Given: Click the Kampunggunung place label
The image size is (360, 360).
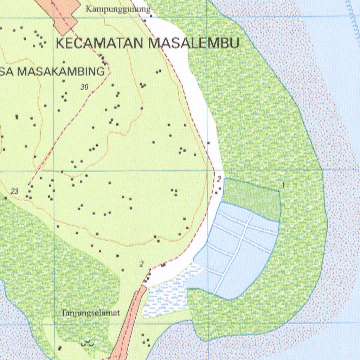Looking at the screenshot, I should click(118, 9).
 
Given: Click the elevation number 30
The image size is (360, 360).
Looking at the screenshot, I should click(84, 88).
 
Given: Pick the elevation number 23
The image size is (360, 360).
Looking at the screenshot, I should click(14, 191).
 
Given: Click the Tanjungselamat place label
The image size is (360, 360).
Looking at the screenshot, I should click(91, 313).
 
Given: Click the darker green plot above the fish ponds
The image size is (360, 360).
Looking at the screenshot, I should click(251, 199).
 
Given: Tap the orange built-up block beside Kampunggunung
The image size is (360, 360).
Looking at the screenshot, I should click(65, 14).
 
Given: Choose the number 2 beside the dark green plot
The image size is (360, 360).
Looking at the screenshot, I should click(219, 180).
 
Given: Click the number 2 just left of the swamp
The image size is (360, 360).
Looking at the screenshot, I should click(141, 264).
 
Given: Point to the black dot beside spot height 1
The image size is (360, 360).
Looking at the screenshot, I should click(279, 191).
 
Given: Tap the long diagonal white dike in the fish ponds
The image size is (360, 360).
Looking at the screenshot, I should click(234, 253).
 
